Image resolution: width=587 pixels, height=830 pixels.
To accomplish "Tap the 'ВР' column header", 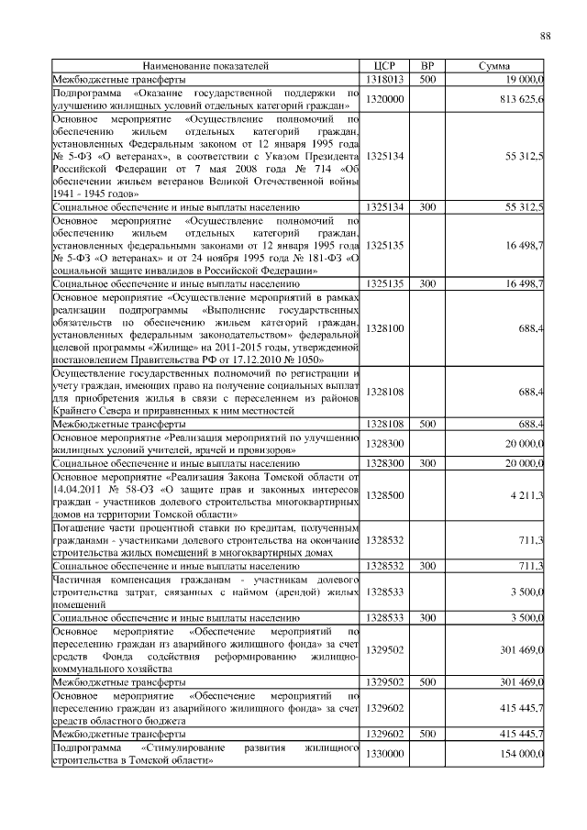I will coord(426,67).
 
